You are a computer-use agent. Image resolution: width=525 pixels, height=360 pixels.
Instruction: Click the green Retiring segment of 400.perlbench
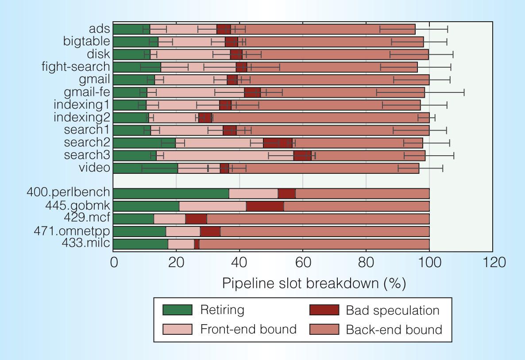(x=171, y=193)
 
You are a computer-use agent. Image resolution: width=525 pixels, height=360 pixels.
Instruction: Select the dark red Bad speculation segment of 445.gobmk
(x=265, y=206)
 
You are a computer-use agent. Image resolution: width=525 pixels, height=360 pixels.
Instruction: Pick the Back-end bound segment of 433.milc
(x=314, y=244)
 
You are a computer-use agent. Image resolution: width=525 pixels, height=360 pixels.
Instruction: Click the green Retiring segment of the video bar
(x=146, y=168)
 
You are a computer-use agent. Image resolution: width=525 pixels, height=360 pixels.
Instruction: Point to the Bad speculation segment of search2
(x=278, y=143)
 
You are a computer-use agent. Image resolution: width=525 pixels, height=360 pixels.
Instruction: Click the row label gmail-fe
(x=87, y=92)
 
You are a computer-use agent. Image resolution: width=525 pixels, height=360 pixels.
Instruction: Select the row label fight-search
(x=76, y=67)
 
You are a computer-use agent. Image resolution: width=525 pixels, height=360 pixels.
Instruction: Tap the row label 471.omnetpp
(x=72, y=231)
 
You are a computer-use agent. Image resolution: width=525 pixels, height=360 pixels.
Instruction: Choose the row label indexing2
(x=82, y=118)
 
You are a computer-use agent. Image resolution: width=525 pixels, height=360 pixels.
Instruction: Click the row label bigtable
(x=86, y=42)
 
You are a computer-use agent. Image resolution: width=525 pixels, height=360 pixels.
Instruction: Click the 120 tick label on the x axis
(x=492, y=263)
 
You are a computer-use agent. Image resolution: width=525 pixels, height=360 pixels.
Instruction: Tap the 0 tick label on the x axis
(x=114, y=263)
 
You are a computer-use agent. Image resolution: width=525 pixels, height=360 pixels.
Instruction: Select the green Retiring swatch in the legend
(x=177, y=310)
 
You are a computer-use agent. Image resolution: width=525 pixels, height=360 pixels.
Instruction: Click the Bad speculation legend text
(x=393, y=310)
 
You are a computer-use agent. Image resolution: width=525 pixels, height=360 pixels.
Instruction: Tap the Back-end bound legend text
(x=394, y=329)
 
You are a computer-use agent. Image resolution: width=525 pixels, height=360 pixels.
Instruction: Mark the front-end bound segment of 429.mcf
(x=170, y=218)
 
